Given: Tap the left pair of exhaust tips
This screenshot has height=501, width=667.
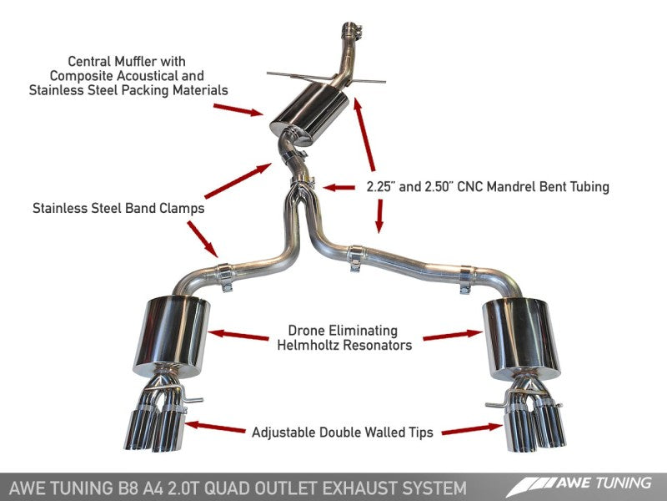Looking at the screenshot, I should [158, 422].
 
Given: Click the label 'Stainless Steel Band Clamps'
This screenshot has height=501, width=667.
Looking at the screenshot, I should [118, 207].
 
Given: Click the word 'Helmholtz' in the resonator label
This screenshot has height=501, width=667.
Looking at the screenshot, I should [310, 345].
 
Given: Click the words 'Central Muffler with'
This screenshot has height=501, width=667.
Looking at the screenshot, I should [128, 61].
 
